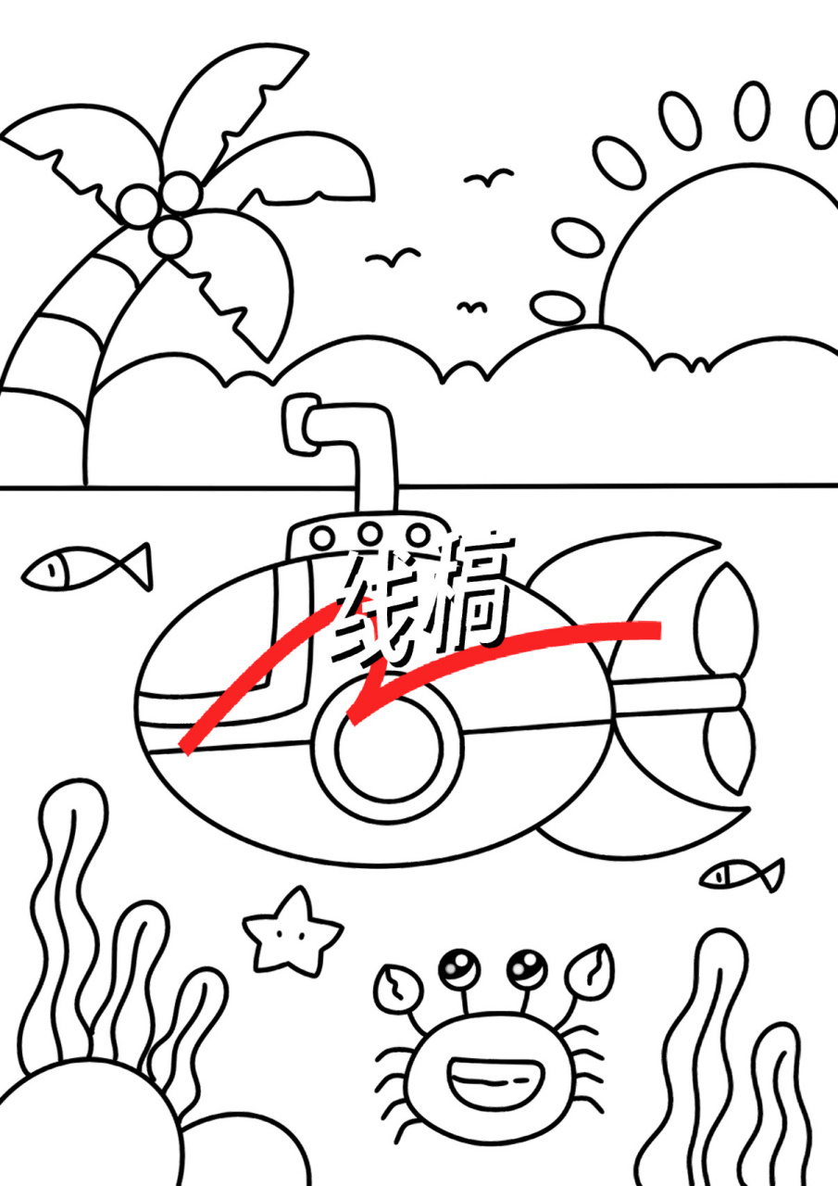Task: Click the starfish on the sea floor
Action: pyautogui.click(x=291, y=930)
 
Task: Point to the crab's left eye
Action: pyautogui.click(x=457, y=969)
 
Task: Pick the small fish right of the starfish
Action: pyautogui.click(x=742, y=874)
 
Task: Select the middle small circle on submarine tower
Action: pyautogui.click(x=370, y=535)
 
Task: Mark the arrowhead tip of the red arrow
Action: pyautogui.click(x=353, y=719)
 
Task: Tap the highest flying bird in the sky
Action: pyautogui.click(x=488, y=177)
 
